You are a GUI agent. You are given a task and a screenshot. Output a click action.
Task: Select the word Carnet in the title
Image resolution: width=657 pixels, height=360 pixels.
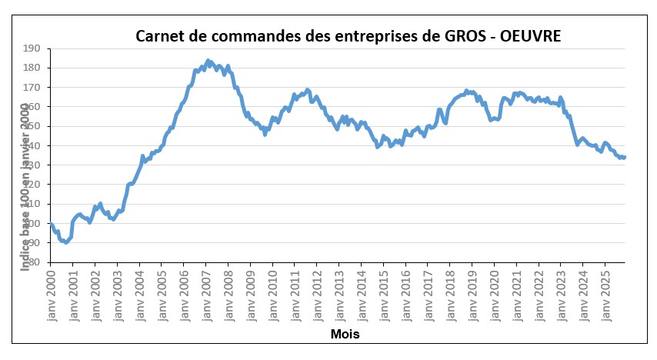click(158, 35)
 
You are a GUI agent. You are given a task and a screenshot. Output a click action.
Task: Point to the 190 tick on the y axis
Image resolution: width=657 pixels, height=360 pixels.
click(32, 48)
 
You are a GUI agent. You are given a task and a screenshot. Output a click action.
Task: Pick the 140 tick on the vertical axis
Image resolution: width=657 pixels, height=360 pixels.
click(32, 145)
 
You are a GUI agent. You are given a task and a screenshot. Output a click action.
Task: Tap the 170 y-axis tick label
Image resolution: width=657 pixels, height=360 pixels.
click(32, 88)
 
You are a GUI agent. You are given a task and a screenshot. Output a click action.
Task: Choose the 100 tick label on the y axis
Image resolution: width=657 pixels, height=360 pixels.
click(32, 224)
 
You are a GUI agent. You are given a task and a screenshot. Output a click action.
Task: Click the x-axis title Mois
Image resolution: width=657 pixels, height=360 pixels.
click(344, 335)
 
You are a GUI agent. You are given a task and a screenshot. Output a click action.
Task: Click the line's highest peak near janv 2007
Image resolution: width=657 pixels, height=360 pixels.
click(207, 60)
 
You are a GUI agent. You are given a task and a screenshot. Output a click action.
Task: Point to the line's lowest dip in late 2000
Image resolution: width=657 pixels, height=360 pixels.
click(66, 242)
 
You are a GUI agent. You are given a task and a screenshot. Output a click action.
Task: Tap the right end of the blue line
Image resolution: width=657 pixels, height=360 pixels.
click(624, 157)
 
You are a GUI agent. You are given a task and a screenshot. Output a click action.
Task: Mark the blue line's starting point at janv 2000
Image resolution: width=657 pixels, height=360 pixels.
click(51, 224)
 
